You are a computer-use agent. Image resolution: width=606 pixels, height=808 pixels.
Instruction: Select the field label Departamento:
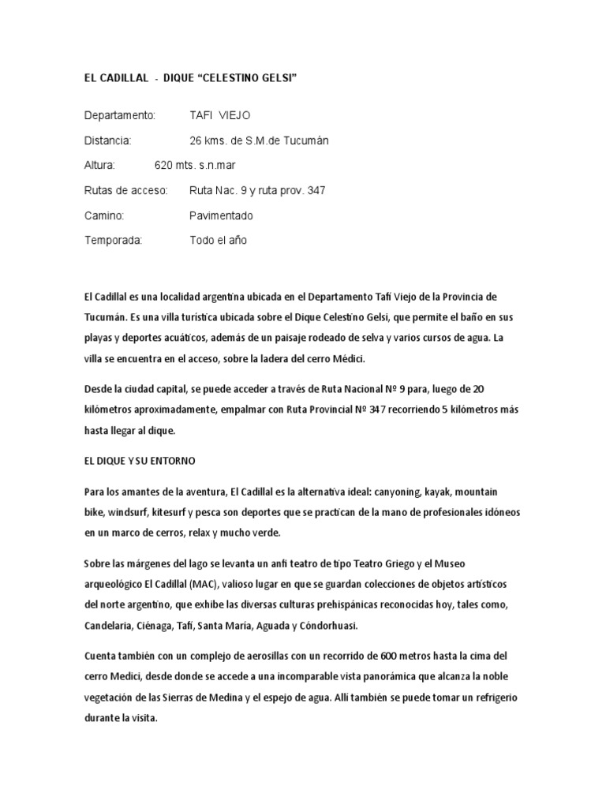tap(121, 115)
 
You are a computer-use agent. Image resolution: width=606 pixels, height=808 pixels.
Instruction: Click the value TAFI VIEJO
tap(220, 115)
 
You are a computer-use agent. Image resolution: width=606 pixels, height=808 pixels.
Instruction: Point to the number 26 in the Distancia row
tap(196, 140)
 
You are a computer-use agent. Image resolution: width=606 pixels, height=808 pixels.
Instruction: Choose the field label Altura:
tap(100, 166)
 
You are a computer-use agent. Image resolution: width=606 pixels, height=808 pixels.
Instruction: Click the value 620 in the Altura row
tap(164, 166)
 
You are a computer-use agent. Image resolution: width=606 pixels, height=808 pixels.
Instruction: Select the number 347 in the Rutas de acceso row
tap(316, 190)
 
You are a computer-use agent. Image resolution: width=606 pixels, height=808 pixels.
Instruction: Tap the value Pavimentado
tap(222, 215)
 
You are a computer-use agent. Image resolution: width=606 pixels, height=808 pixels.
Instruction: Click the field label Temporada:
tap(114, 240)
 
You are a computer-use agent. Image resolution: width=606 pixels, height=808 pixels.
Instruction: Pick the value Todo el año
tap(219, 240)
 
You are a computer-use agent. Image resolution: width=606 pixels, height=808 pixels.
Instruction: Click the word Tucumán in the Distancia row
tap(305, 140)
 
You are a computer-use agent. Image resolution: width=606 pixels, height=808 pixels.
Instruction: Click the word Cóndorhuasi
tap(324, 625)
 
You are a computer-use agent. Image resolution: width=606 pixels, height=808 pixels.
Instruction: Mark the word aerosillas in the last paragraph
tap(256, 656)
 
